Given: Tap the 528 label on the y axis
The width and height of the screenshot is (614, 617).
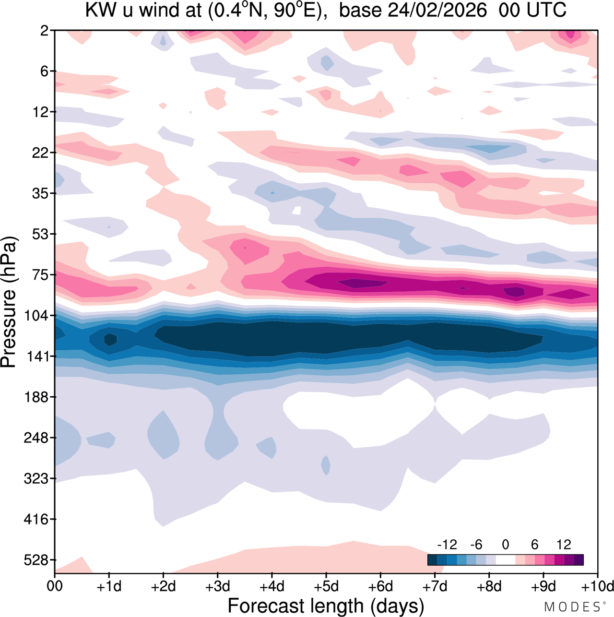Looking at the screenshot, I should (x=37, y=560).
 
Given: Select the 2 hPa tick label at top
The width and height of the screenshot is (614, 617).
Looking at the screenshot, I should (x=45, y=31).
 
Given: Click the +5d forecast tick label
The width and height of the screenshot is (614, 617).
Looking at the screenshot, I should (x=326, y=586).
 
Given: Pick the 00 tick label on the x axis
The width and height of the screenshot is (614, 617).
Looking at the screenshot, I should (x=55, y=586).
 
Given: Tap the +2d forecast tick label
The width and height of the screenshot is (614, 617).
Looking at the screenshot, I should (x=164, y=586).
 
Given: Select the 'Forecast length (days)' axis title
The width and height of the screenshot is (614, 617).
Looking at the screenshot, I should (x=326, y=606).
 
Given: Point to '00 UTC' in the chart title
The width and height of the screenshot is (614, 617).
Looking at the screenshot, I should (x=532, y=10).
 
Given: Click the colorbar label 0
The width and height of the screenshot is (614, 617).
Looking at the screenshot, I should (x=506, y=545).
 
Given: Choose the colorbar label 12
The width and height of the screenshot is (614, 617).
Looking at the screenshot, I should (x=564, y=545).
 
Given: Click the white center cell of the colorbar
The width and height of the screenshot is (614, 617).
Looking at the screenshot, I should (x=506, y=560).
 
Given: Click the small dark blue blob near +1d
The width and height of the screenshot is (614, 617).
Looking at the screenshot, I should (x=110, y=339).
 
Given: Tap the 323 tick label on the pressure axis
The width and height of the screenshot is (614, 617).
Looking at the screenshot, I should (x=37, y=478).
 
